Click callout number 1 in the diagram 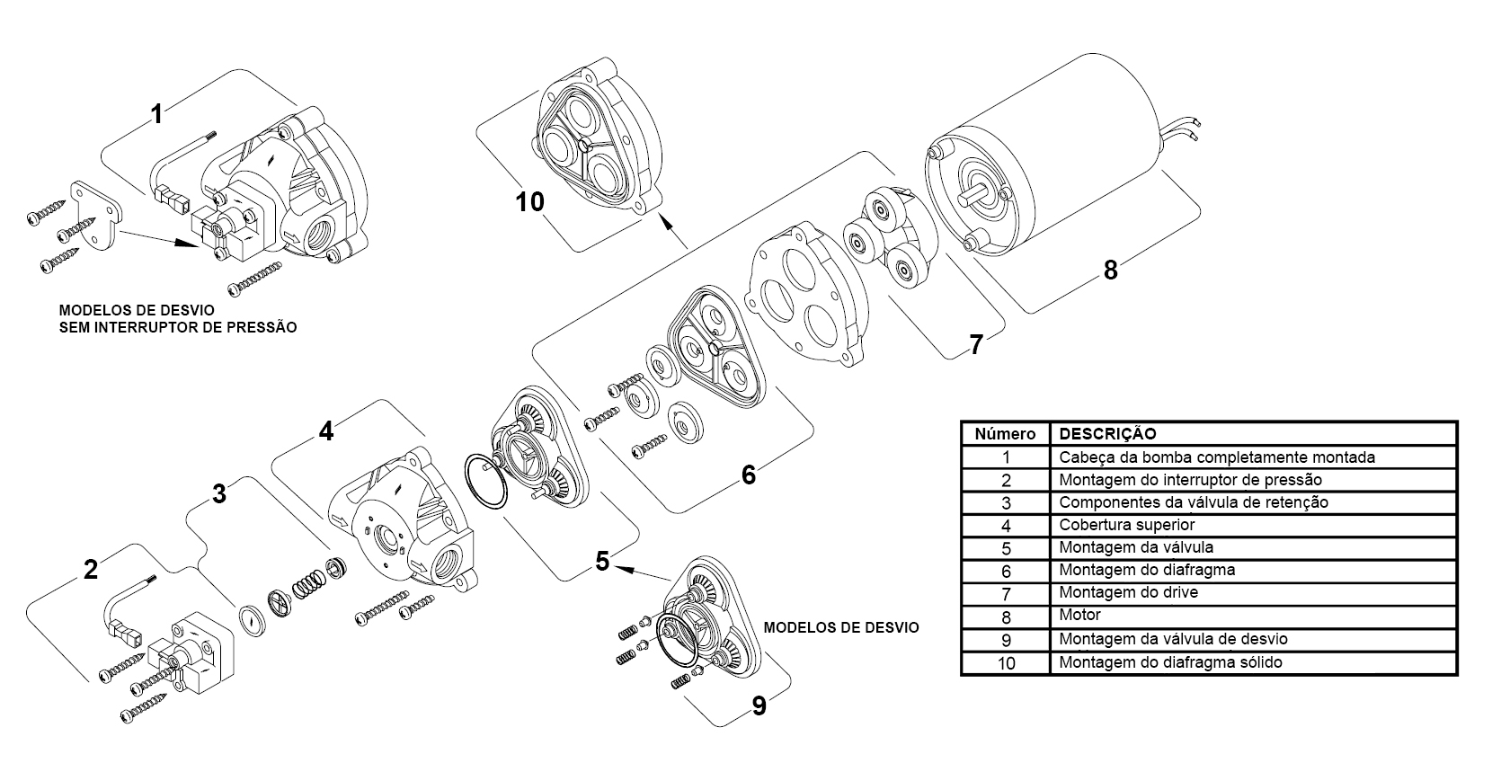(x=156, y=114)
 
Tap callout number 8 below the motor (x=1110, y=270)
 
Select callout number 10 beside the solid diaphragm (x=529, y=201)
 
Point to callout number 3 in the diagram (x=219, y=493)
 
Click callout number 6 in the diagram (x=749, y=475)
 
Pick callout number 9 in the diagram (x=759, y=706)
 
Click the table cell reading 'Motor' (x=1079, y=615)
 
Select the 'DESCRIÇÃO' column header (x=1107, y=433)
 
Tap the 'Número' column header (x=1005, y=434)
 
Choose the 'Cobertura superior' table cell (x=1126, y=525)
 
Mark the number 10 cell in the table (x=1006, y=663)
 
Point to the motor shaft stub (x=976, y=197)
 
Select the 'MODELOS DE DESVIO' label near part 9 (x=841, y=627)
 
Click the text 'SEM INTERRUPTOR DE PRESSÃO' (x=178, y=327)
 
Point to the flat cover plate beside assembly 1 (x=98, y=215)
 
